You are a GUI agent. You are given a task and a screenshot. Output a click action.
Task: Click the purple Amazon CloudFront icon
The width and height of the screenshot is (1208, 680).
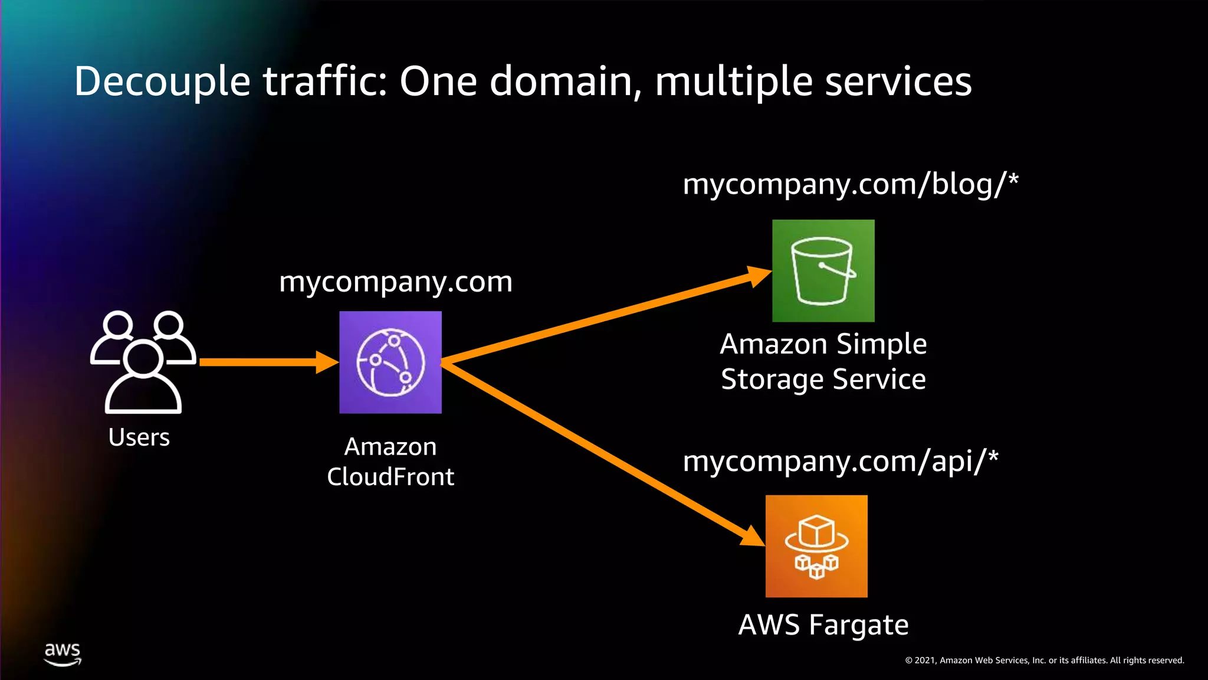(390, 362)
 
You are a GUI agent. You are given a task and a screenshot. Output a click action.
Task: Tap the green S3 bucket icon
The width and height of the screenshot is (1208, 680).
(823, 271)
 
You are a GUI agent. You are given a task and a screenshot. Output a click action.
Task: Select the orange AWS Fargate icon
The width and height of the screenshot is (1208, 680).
(816, 546)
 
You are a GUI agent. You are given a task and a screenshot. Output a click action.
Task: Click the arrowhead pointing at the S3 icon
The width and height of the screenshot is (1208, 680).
(758, 276)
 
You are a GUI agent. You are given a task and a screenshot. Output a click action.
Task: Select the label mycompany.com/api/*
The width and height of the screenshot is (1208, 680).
(841, 461)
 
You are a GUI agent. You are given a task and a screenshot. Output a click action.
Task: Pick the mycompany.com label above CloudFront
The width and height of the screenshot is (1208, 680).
(396, 282)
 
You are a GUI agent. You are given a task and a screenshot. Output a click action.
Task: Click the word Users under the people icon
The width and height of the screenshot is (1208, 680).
(139, 437)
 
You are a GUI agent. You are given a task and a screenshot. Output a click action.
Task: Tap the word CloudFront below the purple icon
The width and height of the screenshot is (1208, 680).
(390, 477)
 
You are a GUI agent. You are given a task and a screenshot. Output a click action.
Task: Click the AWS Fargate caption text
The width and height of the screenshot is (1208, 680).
(823, 625)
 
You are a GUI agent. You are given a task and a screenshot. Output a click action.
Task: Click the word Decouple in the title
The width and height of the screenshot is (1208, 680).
(162, 81)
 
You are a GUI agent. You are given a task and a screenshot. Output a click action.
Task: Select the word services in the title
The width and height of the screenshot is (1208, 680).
(898, 81)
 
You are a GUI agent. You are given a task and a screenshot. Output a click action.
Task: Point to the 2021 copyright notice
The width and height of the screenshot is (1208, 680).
(1045, 661)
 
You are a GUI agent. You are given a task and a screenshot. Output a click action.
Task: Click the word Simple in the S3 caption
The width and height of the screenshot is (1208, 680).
(881, 344)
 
